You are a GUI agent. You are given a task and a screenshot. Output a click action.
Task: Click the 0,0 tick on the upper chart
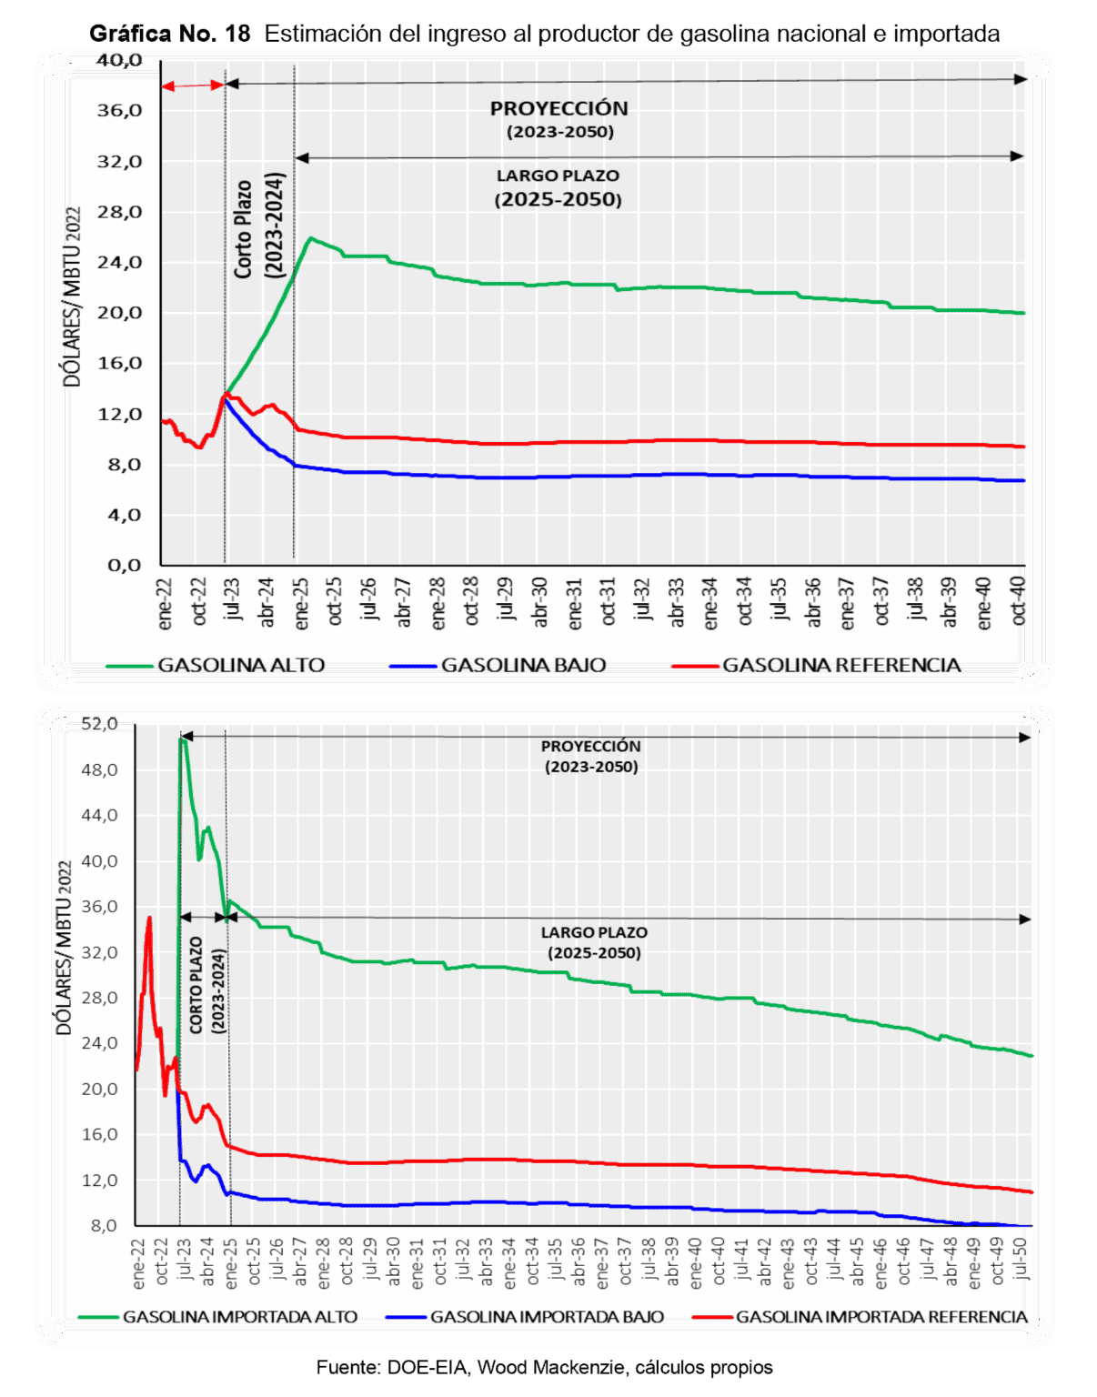125,565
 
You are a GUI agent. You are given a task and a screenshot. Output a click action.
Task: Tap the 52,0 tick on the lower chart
100,724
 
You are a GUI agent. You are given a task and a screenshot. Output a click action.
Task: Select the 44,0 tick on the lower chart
100,815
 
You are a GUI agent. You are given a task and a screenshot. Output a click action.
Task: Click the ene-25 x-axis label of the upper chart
302,602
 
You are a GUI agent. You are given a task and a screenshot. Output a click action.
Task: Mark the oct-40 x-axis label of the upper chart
1019,600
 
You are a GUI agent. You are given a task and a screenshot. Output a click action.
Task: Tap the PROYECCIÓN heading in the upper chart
559,108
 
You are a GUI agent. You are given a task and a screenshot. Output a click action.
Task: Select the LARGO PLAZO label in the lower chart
594,933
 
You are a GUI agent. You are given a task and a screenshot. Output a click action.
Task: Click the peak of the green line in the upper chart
310,238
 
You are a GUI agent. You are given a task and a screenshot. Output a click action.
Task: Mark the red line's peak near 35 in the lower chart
149,918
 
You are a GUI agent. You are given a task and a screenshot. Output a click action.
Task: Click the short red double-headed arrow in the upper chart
193,85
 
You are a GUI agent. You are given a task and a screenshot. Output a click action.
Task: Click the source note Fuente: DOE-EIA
545,1367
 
